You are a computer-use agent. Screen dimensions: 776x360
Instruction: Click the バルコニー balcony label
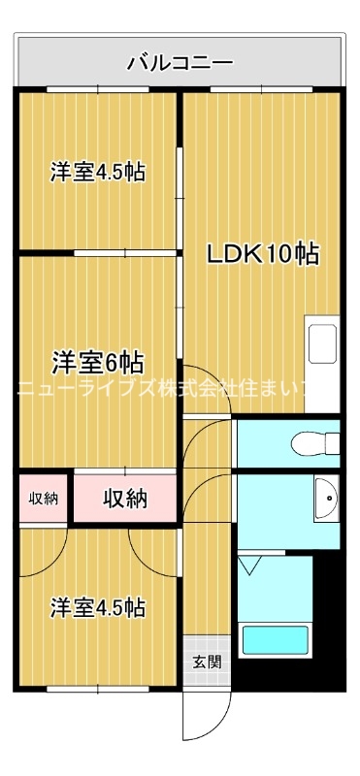(x=180, y=64)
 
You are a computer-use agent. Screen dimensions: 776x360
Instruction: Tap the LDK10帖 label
(x=262, y=254)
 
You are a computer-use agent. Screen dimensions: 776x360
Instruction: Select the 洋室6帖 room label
(x=98, y=363)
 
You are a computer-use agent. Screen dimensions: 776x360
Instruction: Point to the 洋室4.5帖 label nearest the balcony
(x=98, y=173)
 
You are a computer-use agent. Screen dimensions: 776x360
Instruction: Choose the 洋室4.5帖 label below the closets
(x=98, y=608)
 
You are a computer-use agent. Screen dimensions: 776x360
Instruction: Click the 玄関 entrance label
(x=206, y=663)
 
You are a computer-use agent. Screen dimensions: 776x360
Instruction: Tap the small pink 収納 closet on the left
(x=43, y=499)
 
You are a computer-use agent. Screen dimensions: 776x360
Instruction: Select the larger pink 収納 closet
(x=125, y=499)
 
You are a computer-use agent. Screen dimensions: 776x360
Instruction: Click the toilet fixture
(x=315, y=444)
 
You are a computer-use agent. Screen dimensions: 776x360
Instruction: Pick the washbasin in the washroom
(x=328, y=500)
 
